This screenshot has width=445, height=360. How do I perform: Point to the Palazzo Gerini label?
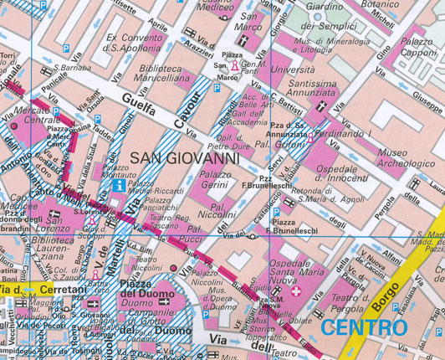216,180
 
